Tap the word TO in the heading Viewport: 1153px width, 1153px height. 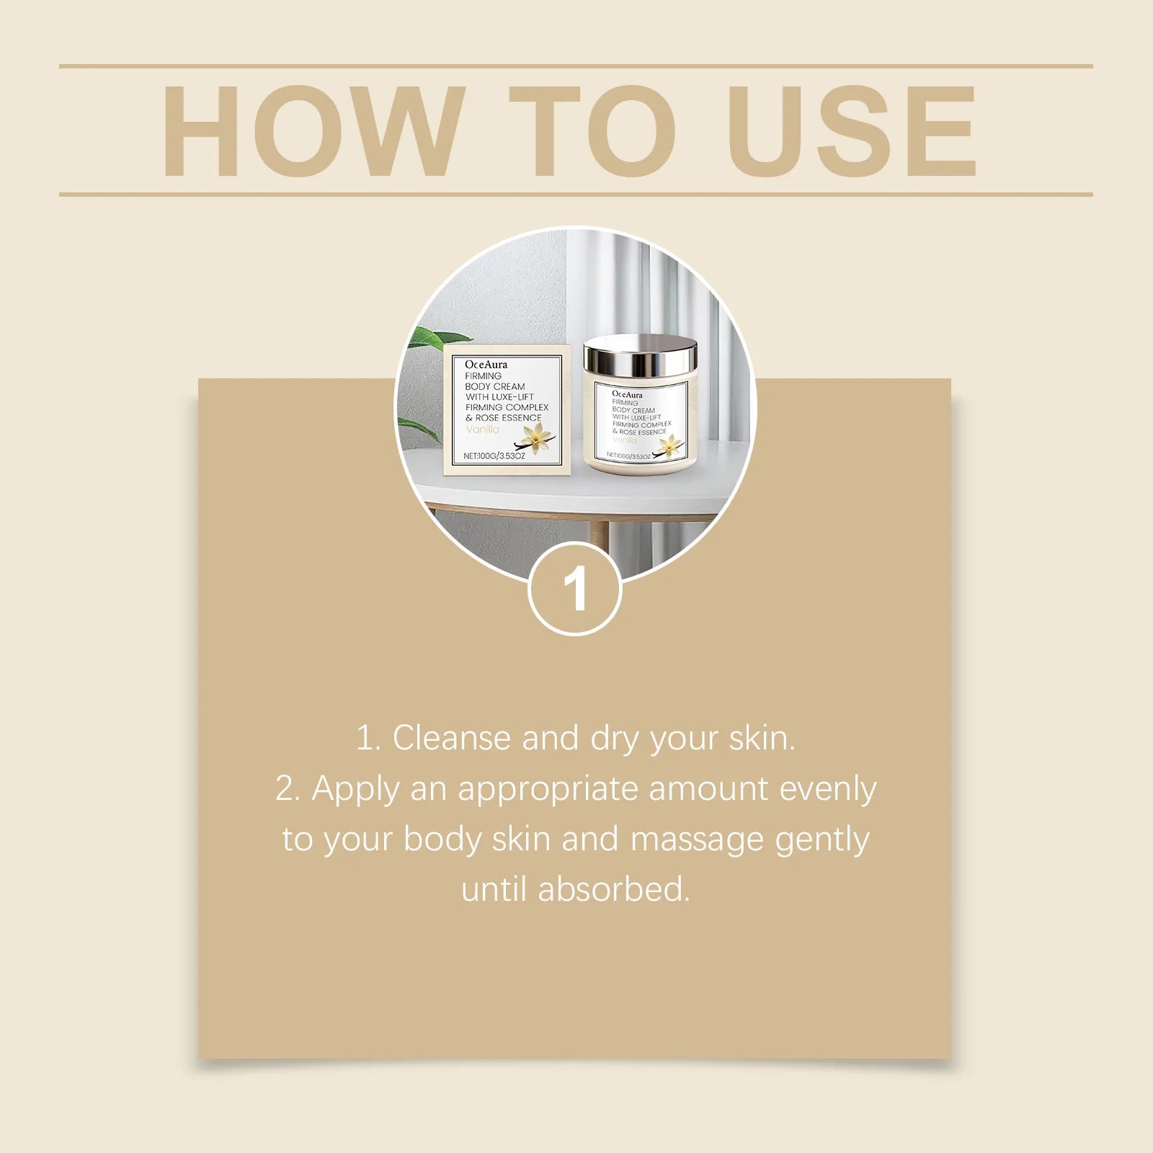(x=592, y=130)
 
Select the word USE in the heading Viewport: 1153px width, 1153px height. (x=852, y=130)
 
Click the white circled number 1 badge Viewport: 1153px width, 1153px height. (x=575, y=589)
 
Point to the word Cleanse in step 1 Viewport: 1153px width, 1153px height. (x=450, y=739)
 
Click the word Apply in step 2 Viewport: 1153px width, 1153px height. (x=355, y=790)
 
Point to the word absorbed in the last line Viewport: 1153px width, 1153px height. (x=614, y=889)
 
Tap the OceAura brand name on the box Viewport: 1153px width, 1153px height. (x=486, y=365)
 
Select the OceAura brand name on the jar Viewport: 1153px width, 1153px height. (x=627, y=395)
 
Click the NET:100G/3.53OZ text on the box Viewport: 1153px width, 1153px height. (x=494, y=455)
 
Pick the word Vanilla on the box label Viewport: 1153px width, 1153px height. (x=482, y=429)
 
